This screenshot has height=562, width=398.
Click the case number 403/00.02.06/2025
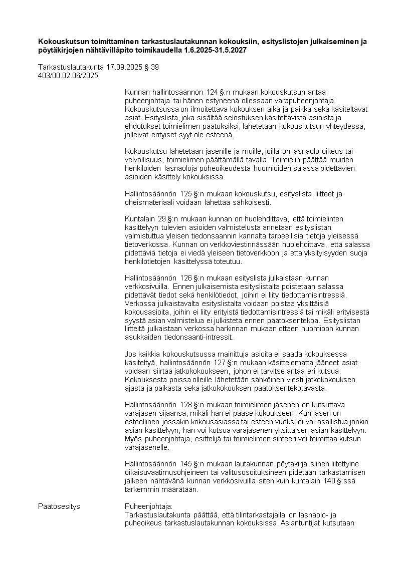(x=68, y=76)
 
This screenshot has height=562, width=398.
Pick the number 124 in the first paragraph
(x=212, y=92)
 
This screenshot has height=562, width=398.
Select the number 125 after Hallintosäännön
(x=185, y=194)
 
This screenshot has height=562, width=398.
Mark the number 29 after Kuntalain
(x=162, y=219)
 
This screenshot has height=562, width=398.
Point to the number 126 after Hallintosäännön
(x=185, y=278)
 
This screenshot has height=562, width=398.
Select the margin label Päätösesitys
(x=59, y=506)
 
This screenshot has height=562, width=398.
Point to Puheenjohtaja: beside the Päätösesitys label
(x=148, y=506)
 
